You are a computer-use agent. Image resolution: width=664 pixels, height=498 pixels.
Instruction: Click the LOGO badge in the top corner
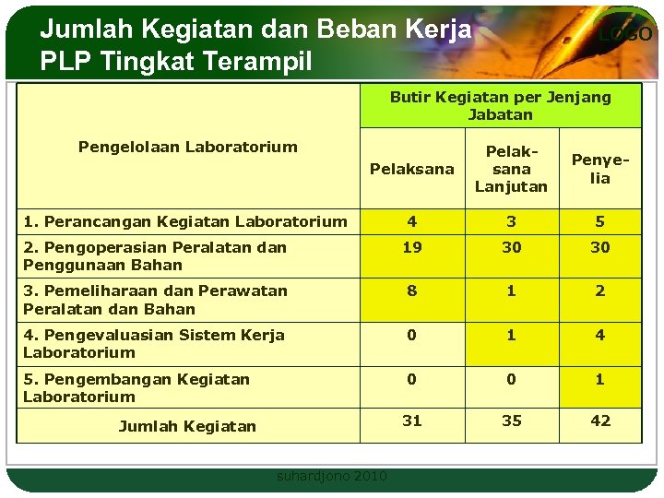(x=624, y=34)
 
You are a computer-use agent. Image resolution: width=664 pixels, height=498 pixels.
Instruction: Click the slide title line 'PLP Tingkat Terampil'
(x=176, y=62)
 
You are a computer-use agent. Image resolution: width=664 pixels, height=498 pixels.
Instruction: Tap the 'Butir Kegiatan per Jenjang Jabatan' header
(x=500, y=106)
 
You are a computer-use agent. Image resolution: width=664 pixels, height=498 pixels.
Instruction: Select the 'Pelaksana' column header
(x=411, y=169)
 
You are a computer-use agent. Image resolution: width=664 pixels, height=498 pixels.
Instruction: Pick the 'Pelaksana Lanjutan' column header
(x=511, y=169)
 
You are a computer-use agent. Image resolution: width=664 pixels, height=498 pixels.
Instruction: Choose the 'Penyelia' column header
(x=600, y=169)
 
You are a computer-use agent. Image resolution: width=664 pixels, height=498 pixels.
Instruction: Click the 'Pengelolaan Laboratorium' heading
(x=188, y=147)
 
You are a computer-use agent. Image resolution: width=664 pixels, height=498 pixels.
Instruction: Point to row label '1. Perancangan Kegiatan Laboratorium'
(x=185, y=221)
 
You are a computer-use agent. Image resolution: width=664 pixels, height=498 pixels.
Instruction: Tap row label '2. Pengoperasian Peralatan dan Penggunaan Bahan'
(x=155, y=255)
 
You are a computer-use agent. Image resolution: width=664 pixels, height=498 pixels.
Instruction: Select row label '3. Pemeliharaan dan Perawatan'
(x=155, y=300)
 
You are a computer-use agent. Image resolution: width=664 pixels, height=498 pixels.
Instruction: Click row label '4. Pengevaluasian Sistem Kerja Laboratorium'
(x=154, y=343)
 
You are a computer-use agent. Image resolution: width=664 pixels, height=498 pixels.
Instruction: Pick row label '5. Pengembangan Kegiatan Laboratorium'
(x=136, y=387)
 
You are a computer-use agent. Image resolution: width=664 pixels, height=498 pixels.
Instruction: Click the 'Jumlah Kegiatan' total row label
(x=187, y=426)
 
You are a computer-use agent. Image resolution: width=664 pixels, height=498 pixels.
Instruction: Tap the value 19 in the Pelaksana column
(x=411, y=247)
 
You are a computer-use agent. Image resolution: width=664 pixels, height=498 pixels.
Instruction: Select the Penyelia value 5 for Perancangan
(x=600, y=221)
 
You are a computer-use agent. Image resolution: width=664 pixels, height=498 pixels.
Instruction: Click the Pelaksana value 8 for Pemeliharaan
(x=411, y=290)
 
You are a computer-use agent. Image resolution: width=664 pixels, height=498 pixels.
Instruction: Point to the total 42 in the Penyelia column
(x=600, y=421)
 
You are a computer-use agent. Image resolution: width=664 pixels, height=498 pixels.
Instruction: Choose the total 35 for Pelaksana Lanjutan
(x=511, y=421)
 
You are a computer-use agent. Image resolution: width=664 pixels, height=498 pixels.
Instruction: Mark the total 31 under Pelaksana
(x=411, y=421)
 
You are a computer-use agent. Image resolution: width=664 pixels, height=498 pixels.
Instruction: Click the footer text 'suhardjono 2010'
(x=332, y=477)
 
